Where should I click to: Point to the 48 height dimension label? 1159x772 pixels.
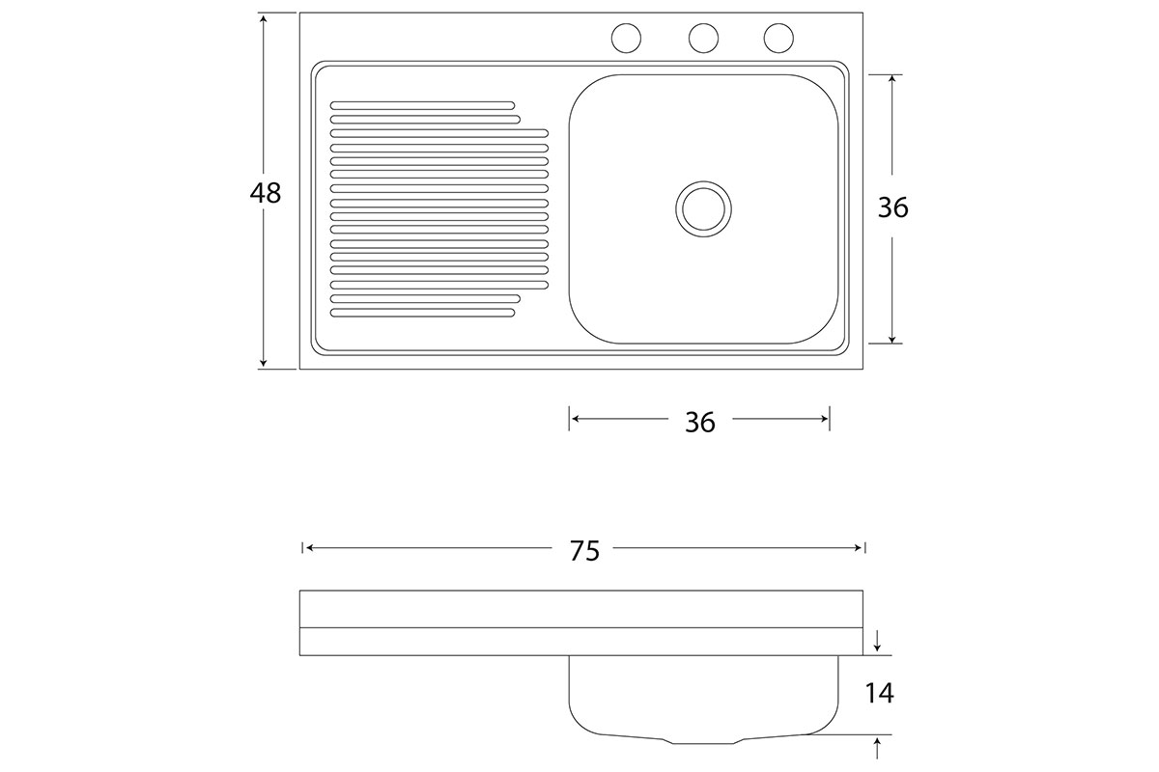[266, 193]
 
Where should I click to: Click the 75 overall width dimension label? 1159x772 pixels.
[584, 551]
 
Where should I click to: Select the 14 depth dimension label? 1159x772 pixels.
[880, 694]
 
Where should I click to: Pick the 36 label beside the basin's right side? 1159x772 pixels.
[893, 207]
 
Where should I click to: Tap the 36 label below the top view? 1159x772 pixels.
[700, 423]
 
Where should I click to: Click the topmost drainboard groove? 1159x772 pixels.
[423, 105]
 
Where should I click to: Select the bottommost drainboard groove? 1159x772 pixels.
[423, 313]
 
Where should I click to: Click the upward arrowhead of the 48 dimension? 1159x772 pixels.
[264, 19]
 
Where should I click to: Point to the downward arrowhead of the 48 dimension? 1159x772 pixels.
[264, 363]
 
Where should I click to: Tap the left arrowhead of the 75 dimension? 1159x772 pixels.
[309, 547]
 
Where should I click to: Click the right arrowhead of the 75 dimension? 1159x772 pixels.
[858, 547]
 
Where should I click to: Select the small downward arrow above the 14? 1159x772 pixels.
[877, 641]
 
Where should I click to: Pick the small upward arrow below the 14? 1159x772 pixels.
[877, 748]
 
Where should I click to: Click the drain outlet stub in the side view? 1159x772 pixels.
[704, 740]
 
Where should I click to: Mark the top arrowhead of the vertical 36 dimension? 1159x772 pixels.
[892, 81]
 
